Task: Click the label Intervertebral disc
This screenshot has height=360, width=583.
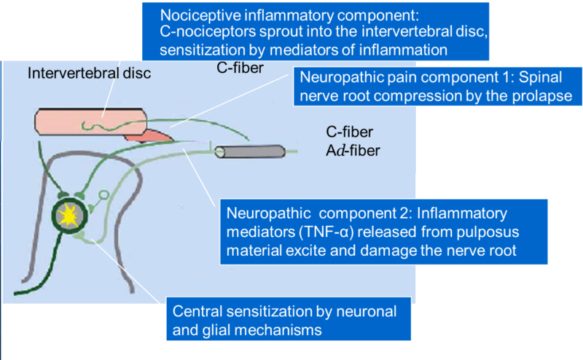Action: tap(89, 73)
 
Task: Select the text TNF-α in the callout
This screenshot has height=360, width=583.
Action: tap(320, 234)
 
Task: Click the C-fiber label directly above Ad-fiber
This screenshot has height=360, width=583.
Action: tap(350, 133)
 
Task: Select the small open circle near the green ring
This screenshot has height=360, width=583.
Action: tap(103, 195)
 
